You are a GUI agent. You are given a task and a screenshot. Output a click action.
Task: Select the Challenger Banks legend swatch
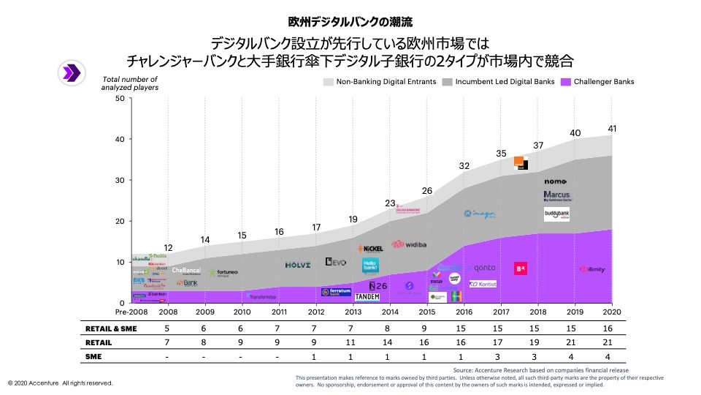point(565,82)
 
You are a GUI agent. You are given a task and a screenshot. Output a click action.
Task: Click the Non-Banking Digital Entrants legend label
point(386,82)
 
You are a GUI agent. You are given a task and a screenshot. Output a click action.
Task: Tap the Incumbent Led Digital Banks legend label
point(505,82)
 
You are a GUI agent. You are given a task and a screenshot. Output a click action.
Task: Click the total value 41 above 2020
point(612,129)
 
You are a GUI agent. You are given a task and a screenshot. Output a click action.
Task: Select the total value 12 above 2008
point(168,247)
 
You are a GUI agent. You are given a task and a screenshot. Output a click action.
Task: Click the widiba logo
point(408,244)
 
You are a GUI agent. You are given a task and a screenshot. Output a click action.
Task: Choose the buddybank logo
point(556,214)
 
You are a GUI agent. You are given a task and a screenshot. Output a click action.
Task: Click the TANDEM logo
point(367,297)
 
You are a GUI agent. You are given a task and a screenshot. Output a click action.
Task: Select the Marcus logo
point(556,196)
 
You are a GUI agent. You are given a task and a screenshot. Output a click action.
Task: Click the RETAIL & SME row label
point(110,329)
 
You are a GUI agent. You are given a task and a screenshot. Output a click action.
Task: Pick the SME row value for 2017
point(501,355)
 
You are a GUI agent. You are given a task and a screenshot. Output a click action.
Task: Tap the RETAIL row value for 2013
point(353,342)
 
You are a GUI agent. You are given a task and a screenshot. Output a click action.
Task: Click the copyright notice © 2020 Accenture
point(61,383)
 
